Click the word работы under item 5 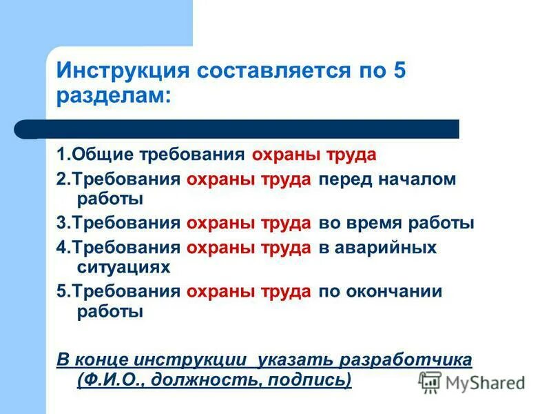pyautogui.click(x=110, y=311)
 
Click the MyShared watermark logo pyautogui.click(x=472, y=382)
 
